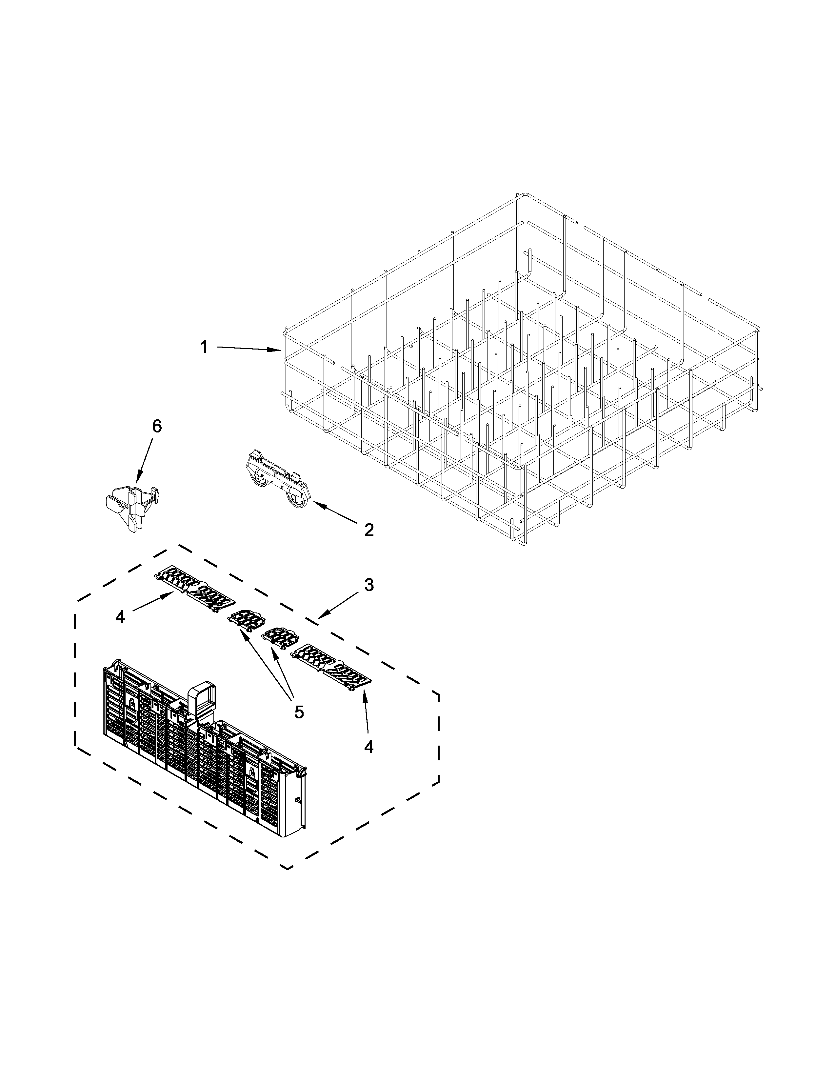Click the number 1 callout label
click(204, 347)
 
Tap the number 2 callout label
click(369, 530)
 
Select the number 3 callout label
click(369, 585)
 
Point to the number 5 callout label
click(299, 712)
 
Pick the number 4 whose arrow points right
click(120, 617)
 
